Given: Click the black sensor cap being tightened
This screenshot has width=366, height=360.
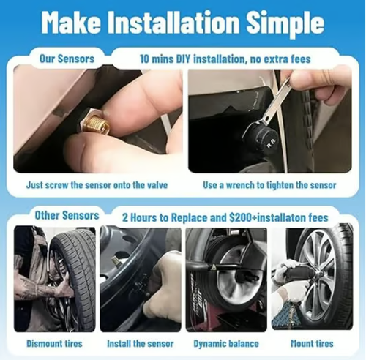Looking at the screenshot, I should pyautogui.click(x=265, y=136).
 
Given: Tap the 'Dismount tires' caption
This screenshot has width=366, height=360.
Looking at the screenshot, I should pyautogui.click(x=55, y=342).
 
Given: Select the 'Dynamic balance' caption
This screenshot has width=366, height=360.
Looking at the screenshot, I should pyautogui.click(x=225, y=342).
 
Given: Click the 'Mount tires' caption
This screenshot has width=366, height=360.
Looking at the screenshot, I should pyautogui.click(x=311, y=342).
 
